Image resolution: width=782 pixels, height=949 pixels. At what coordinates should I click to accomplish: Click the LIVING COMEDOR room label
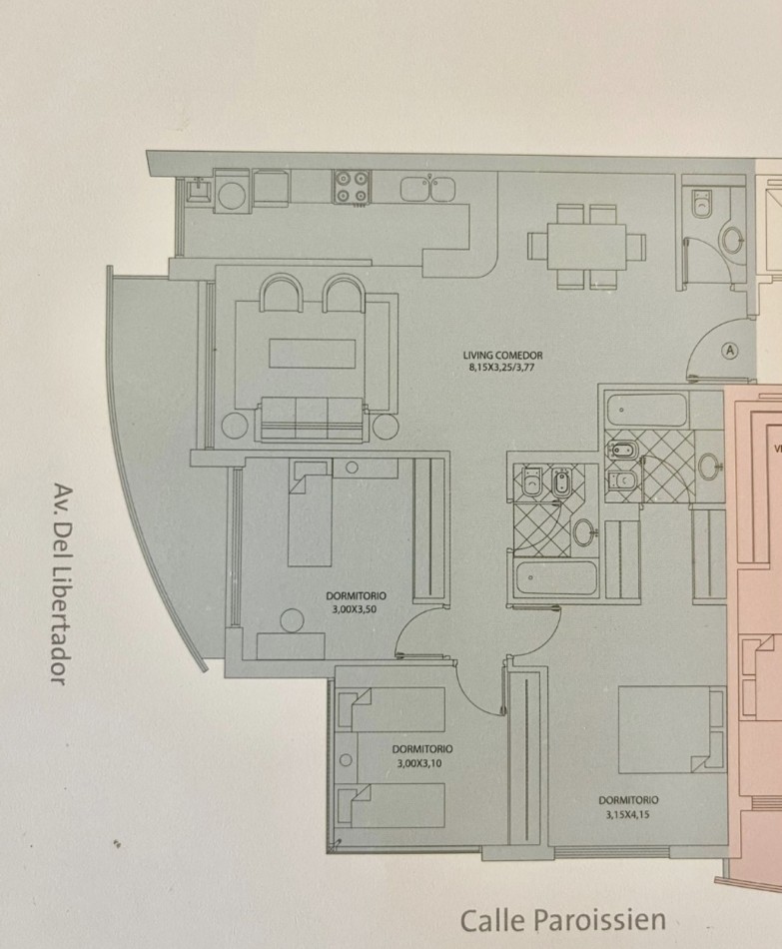[x=503, y=356]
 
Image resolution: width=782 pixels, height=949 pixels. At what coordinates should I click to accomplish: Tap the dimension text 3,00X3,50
[x=355, y=609]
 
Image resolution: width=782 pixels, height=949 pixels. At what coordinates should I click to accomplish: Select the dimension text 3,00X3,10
[x=419, y=764]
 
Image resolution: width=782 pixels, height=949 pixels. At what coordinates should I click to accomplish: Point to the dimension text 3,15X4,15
[x=627, y=814]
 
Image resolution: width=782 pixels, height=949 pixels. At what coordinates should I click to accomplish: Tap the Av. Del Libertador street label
[x=61, y=584]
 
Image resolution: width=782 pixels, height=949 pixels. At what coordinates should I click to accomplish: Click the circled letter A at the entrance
[x=731, y=351]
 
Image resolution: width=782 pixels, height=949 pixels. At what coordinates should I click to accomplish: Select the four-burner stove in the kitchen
[x=352, y=187]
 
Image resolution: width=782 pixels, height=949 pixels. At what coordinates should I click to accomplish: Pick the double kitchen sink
[x=427, y=188]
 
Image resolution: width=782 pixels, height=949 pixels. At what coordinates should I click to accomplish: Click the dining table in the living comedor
[x=587, y=247]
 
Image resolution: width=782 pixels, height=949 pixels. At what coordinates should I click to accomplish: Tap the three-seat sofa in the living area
[x=314, y=419]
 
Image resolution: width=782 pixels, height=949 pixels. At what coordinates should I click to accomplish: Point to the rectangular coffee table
[x=313, y=354]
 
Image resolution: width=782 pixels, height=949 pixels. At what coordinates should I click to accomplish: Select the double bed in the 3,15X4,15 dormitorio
[x=671, y=730]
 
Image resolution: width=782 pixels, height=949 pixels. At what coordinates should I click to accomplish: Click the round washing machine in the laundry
[x=232, y=195]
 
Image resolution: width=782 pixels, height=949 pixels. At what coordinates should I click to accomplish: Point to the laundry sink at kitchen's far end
[x=198, y=190]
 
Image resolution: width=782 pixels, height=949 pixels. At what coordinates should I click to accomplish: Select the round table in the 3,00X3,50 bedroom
[x=292, y=621]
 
